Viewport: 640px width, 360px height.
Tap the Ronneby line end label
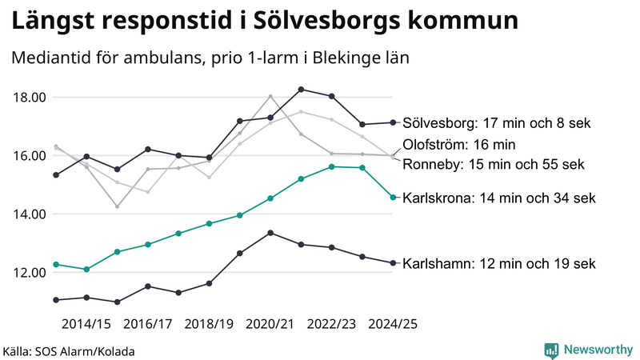[x=493, y=164]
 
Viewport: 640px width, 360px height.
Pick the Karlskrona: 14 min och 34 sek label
[x=499, y=197]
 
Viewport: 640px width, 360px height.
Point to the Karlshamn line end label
[x=499, y=262]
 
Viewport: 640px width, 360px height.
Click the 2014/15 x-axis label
[x=86, y=324]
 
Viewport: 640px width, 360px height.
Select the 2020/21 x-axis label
[x=270, y=324]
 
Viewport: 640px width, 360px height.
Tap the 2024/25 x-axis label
[x=392, y=324]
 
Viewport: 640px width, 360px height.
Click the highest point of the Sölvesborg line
[x=301, y=89]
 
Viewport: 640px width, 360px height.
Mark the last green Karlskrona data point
[x=393, y=197]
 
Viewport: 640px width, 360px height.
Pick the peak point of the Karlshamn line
[x=270, y=233]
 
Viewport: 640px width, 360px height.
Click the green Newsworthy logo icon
[x=552, y=350]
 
